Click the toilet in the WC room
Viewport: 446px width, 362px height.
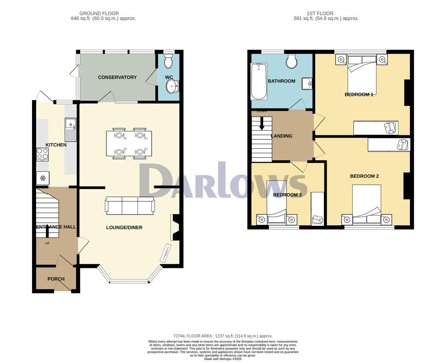pos(168,61)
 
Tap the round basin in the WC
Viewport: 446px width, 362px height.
pos(172,87)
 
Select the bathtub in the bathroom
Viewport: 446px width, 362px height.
pos(259,81)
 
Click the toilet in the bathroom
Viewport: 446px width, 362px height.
pos(291,61)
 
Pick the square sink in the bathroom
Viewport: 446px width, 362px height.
pos(307,84)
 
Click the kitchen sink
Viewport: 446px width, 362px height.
pos(70,129)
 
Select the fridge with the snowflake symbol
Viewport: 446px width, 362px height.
pos(42,178)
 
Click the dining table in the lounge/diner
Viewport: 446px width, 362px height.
pos(129,143)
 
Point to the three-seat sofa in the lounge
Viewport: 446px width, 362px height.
pos(130,206)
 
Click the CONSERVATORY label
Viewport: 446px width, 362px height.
pos(117,77)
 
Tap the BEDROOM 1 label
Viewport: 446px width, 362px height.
pos(359,94)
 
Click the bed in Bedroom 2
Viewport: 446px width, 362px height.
pos(367,206)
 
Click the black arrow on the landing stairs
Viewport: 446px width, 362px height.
pos(262,123)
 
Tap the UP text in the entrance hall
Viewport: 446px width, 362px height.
pos(47,243)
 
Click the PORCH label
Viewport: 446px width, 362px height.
pos(56,279)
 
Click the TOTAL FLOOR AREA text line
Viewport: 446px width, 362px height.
pos(223,336)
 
